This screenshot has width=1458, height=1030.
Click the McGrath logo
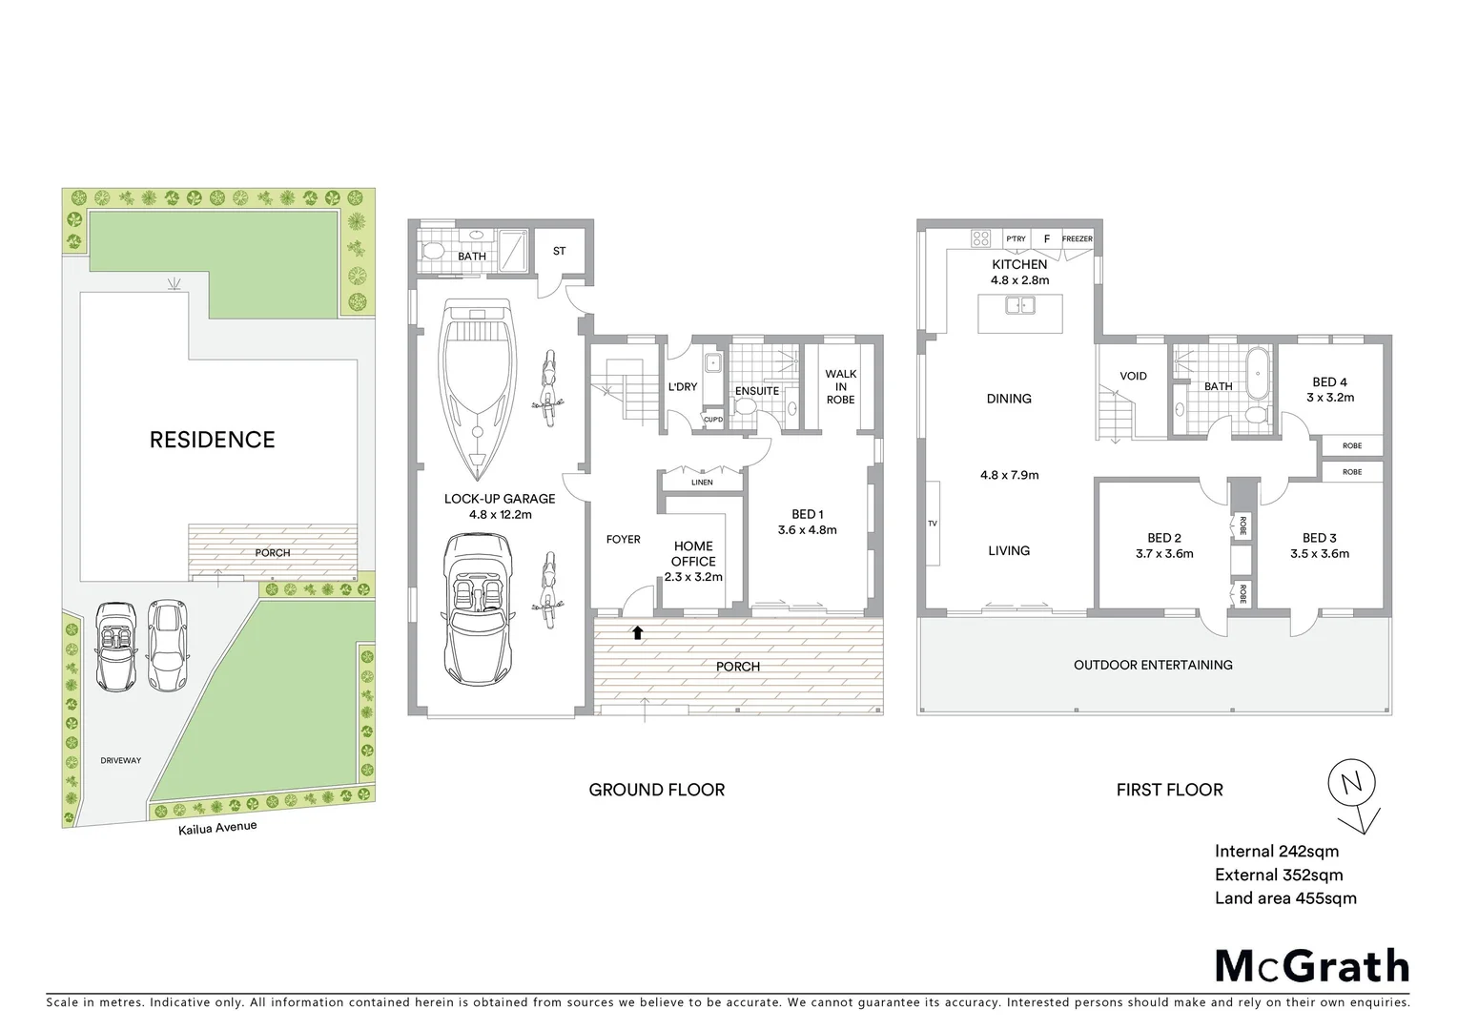(1311, 966)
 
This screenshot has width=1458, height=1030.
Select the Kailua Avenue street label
(217, 828)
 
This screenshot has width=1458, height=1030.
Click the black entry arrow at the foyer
(638, 631)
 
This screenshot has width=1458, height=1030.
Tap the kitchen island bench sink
(1019, 306)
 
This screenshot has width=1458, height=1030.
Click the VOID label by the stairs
(1133, 376)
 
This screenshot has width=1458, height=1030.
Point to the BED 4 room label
(1329, 388)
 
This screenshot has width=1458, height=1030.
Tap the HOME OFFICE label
(693, 554)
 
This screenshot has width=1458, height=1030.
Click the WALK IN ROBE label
(840, 387)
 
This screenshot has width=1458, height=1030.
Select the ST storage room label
(560, 251)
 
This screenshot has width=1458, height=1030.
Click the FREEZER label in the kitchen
(1078, 238)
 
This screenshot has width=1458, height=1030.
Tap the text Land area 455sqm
(1284, 897)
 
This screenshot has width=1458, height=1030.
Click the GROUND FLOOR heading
(656, 790)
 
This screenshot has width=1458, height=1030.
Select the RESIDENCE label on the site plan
(212, 440)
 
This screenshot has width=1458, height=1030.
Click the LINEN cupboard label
(702, 483)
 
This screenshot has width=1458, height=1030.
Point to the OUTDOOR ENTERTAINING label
(1153, 665)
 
